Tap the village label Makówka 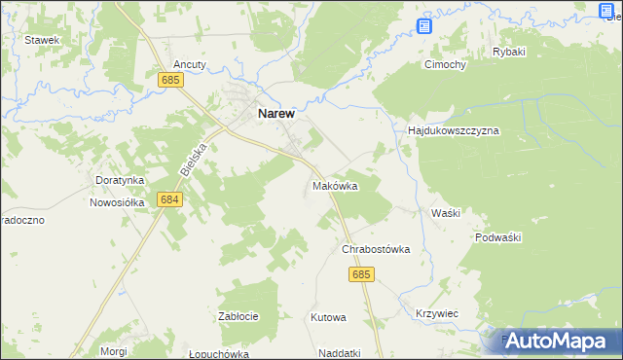tap(336, 185)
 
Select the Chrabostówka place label tap(375, 249)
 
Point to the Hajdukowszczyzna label tap(453, 129)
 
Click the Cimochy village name tap(444, 65)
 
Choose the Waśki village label tap(445, 212)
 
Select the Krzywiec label tap(437, 313)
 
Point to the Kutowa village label tap(328, 317)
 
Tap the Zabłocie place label tap(238, 316)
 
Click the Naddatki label tap(339, 353)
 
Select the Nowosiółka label tap(117, 202)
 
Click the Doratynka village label tap(120, 180)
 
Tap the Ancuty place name tap(190, 64)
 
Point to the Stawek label tap(43, 40)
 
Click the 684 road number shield tap(169, 199)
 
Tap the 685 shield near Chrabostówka tap(360, 275)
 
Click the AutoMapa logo tap(559, 341)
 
